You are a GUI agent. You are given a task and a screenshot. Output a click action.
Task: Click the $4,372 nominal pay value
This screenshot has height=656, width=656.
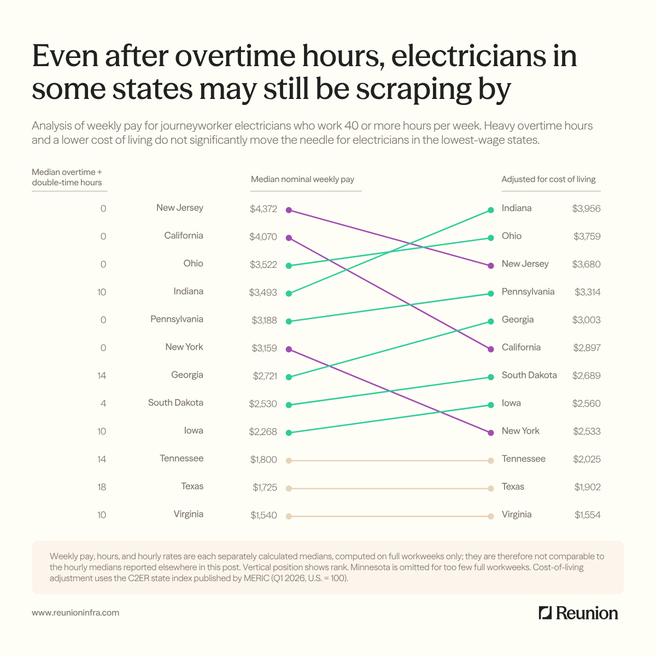click(263, 209)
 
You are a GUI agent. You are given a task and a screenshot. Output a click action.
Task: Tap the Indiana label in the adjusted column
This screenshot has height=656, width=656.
click(517, 208)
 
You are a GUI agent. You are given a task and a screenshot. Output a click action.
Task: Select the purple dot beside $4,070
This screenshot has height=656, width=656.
click(289, 238)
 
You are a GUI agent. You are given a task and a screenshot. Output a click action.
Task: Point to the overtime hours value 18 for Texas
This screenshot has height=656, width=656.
click(102, 487)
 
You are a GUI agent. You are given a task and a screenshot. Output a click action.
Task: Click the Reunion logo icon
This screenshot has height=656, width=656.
click(545, 613)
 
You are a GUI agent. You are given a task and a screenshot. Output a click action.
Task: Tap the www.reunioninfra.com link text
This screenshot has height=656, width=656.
click(75, 613)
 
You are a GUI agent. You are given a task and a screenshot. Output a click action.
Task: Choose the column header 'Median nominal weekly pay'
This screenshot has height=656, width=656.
click(303, 179)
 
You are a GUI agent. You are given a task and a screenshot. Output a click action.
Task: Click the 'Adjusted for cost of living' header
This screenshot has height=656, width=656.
click(548, 179)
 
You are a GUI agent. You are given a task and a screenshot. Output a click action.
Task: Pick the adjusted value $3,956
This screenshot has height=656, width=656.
click(586, 209)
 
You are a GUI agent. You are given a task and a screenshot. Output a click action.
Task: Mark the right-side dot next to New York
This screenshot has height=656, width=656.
click(490, 433)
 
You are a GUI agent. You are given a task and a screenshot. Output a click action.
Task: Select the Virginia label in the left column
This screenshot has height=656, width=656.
click(188, 514)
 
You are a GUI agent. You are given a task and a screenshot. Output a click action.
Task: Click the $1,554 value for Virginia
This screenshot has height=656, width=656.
click(588, 515)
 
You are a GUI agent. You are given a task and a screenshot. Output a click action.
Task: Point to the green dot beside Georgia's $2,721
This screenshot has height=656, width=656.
click(289, 377)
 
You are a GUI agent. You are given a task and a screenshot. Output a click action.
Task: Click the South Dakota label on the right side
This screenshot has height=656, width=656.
click(529, 375)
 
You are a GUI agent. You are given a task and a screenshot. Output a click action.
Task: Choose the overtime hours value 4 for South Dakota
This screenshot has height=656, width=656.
click(103, 403)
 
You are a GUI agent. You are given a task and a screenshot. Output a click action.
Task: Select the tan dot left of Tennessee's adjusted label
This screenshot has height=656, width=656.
click(490, 461)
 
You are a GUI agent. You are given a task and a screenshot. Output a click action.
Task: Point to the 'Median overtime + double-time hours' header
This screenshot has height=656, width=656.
click(67, 177)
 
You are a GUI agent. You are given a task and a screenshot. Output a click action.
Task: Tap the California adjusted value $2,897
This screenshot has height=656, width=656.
click(587, 348)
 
